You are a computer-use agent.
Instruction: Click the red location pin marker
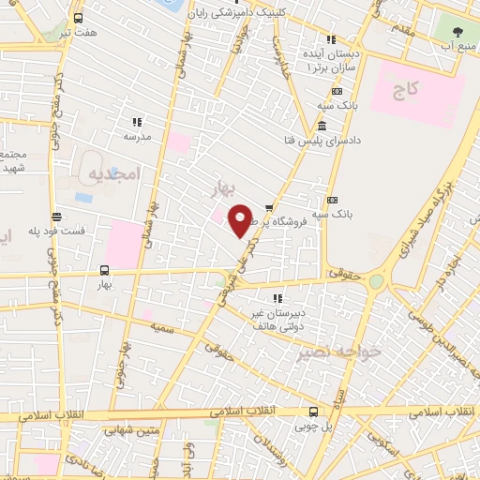[240, 220]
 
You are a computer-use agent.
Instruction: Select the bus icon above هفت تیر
[77, 17]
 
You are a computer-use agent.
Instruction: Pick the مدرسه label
[137, 135]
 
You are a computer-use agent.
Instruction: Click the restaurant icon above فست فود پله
[56, 216]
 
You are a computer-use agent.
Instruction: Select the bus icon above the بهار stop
[104, 270]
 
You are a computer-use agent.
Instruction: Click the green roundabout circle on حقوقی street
[376, 281]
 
